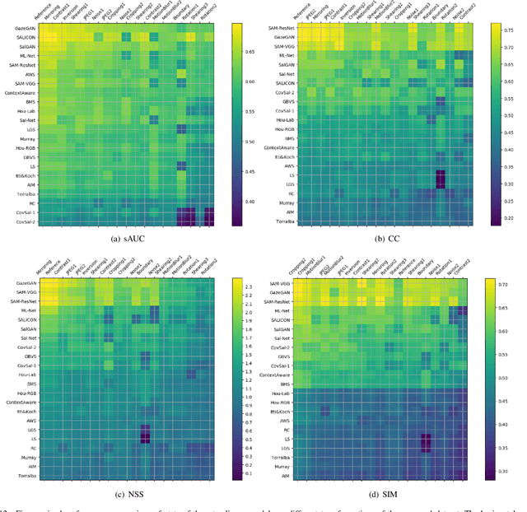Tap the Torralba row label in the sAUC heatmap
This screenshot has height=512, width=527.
click(x=25, y=195)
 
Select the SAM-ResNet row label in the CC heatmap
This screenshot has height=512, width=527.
click(x=280, y=29)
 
